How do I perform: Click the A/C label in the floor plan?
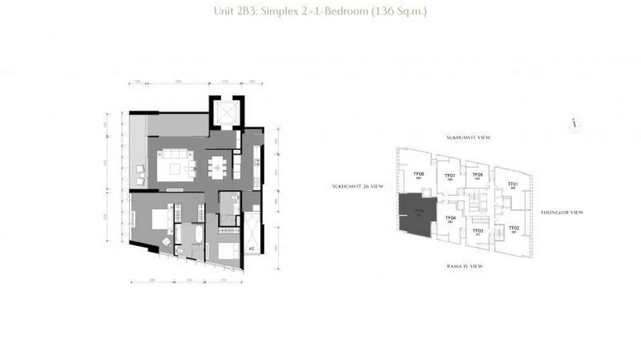pos(251,249)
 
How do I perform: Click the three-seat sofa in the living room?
pos(175,155)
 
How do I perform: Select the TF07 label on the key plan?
pos(450,176)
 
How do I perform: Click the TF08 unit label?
pos(478,175)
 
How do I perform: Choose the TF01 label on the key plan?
pos(513,184)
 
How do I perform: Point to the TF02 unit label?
pos(514,228)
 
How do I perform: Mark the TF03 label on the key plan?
pos(478,231)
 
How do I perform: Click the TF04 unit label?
pos(450,218)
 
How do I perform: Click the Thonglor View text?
pos(562,212)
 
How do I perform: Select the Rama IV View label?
pos(465,266)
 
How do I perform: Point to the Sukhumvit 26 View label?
pos(358,187)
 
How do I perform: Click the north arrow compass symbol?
pos(575,125)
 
